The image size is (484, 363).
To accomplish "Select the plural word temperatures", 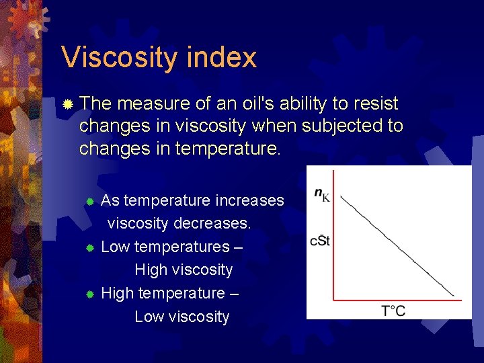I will (x=182, y=247).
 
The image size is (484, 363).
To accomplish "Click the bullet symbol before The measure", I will (x=67, y=105).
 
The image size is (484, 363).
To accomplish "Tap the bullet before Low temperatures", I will (x=91, y=248).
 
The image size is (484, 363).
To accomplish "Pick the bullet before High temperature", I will (x=91, y=294).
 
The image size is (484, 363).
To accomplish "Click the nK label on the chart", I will (x=322, y=196).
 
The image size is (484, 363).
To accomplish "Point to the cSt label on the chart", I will (x=319, y=240).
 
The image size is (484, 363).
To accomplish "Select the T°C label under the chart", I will (x=393, y=310).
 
